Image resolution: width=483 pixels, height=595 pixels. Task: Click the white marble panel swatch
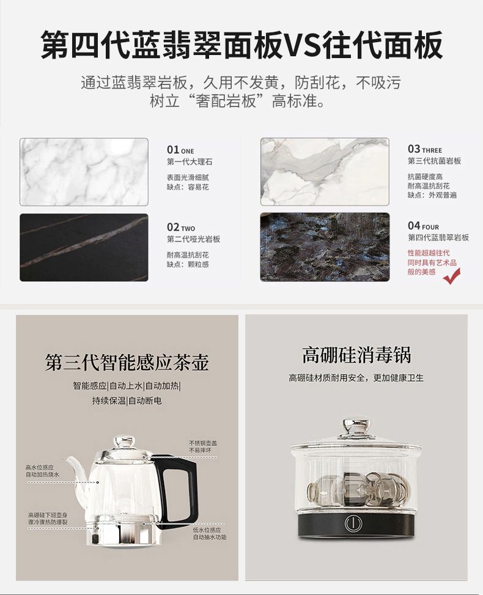(84, 172)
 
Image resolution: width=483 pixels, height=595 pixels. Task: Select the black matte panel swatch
(84, 248)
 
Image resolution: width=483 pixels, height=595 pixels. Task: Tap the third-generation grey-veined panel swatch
(325, 172)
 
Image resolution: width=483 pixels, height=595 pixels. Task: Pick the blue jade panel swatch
(325, 248)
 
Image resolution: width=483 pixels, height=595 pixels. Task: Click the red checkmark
(452, 276)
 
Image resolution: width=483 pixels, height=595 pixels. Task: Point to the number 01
(173, 149)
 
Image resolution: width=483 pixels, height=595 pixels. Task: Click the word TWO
(188, 229)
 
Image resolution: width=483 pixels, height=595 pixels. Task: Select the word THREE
(432, 150)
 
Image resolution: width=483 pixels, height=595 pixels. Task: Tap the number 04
(414, 226)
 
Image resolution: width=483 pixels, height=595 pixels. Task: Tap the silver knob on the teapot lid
(125, 442)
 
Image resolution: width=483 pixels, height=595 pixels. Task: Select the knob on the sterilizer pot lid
(356, 426)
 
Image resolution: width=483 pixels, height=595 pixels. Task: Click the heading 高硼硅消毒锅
(356, 355)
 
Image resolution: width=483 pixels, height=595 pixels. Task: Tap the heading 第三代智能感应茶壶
(127, 363)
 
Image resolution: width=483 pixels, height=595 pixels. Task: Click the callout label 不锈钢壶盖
(204, 443)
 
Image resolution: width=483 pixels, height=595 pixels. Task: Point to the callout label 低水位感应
(207, 530)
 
